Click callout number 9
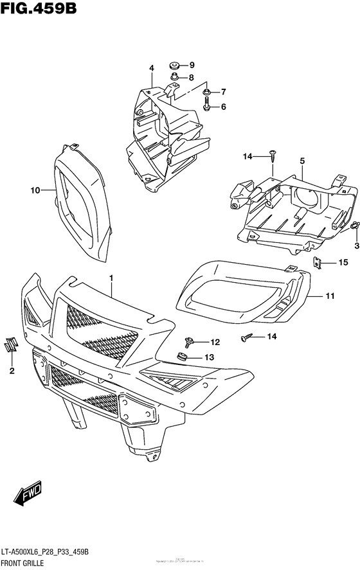click(191, 65)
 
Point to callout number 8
click(191, 78)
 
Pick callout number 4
click(152, 68)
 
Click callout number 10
click(35, 190)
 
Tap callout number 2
click(12, 371)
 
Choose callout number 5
click(301, 160)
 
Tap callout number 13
click(209, 357)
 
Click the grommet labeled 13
click(183, 357)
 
